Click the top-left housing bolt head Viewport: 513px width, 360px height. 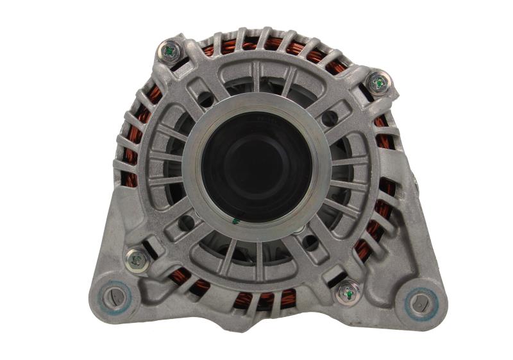tap(171, 50)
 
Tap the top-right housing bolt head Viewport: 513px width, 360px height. tap(378, 82)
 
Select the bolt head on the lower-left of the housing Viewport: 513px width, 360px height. tap(137, 259)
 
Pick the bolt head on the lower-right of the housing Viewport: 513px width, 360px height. tap(347, 293)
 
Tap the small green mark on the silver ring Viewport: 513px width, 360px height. tap(235, 221)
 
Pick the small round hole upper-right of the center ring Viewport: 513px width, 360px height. tap(329, 118)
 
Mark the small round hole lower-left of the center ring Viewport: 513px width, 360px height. tap(187, 222)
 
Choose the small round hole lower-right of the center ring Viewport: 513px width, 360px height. tap(310, 242)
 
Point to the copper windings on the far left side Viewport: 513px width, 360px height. tap(132, 148)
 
